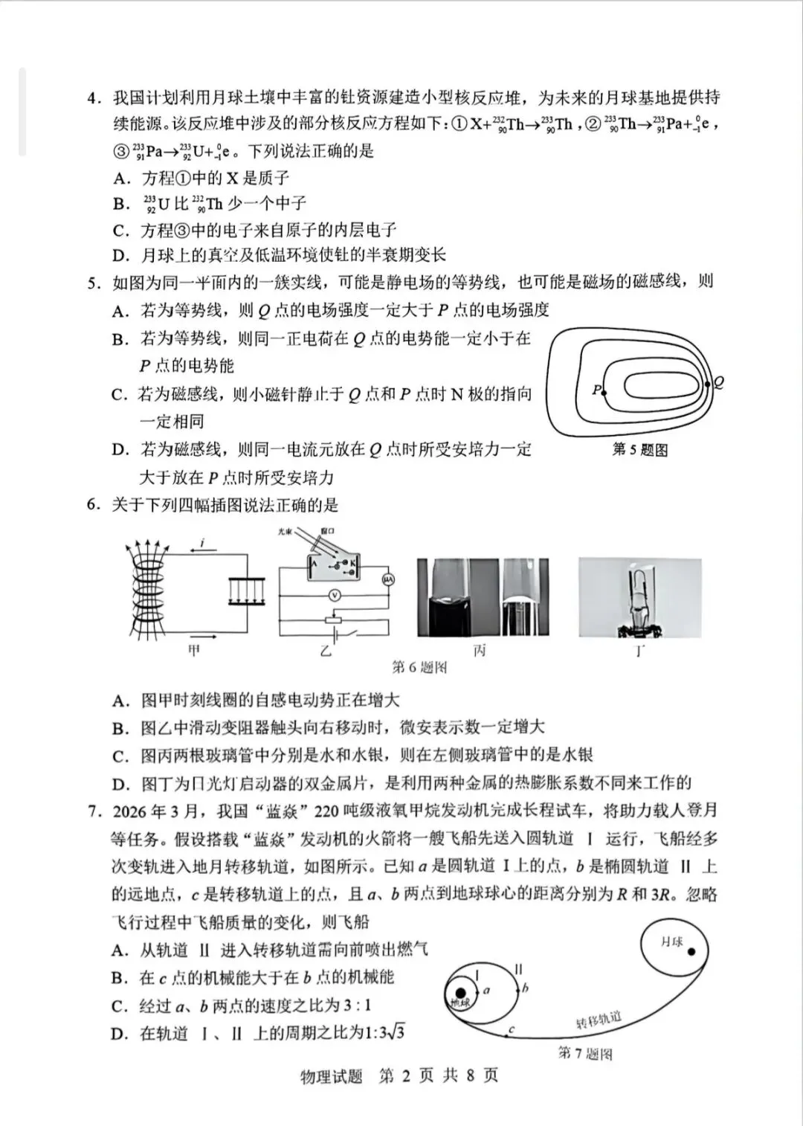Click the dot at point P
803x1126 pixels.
point(603,391)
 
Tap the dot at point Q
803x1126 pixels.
point(707,384)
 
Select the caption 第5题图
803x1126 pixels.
point(639,449)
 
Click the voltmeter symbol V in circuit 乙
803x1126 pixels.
point(335,595)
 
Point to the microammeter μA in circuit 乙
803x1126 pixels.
point(387,579)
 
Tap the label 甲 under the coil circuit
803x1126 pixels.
point(194,651)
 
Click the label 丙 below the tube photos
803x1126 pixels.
point(480,651)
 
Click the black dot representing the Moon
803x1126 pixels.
point(691,951)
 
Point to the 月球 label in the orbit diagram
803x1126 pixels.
point(671,942)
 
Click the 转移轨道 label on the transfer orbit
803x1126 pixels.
point(599,1020)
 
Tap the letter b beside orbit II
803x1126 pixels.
point(525,988)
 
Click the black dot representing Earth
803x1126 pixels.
point(461,993)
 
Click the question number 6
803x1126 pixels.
point(93,505)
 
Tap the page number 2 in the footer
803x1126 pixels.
point(406,1075)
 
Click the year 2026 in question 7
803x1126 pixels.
point(130,811)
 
